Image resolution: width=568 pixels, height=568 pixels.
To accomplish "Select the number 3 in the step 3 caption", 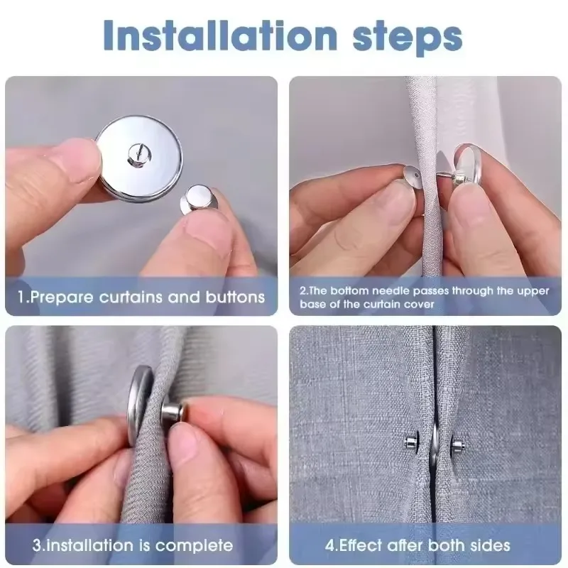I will coord(36,545).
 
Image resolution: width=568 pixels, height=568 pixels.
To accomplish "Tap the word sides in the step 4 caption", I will coord(490,545).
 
